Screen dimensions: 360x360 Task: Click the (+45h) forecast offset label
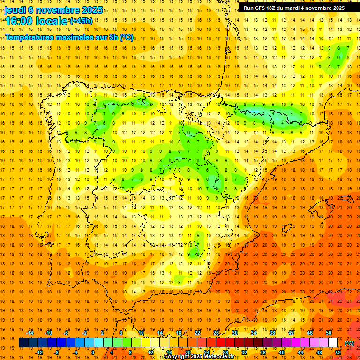tap(81, 21)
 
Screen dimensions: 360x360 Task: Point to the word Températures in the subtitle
tap(31, 37)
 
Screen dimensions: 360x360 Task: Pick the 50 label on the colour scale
tap(329, 333)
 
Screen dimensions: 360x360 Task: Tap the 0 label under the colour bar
tap(93, 352)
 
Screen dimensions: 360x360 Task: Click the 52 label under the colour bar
tap(338, 352)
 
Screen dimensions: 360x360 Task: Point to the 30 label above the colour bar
tap(234, 333)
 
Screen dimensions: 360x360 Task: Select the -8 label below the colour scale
tap(56, 352)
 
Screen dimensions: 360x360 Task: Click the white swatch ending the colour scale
tap(333, 343)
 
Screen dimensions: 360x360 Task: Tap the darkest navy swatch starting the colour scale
tap(23, 343)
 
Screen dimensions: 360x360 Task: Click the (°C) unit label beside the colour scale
tap(349, 343)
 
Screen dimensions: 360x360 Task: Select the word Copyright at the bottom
tap(177, 357)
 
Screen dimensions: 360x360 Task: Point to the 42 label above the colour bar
tap(291, 333)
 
